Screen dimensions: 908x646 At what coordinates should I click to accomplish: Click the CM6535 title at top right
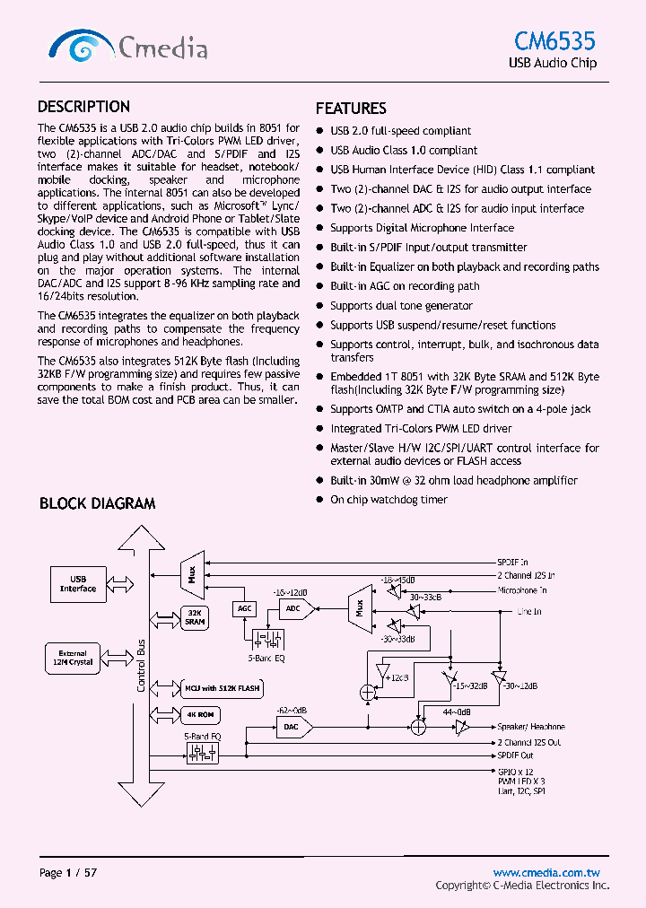pyautogui.click(x=554, y=40)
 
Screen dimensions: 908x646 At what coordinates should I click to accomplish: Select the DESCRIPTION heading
pyautogui.click(x=83, y=106)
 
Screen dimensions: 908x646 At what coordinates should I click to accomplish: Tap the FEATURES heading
pyautogui.click(x=351, y=109)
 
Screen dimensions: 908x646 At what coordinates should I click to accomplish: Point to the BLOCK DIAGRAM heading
pyautogui.click(x=97, y=503)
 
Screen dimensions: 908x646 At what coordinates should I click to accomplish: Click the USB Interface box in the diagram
pyautogui.click(x=78, y=584)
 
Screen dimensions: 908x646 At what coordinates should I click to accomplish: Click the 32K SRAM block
pyautogui.click(x=195, y=617)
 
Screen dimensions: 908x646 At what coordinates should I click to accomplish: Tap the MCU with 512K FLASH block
pyautogui.click(x=222, y=689)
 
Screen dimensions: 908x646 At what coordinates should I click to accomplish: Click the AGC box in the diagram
pyautogui.click(x=245, y=608)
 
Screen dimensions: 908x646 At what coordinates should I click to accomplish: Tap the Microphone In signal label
pyautogui.click(x=535, y=590)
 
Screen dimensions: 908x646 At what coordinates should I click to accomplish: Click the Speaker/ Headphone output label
pyautogui.click(x=531, y=727)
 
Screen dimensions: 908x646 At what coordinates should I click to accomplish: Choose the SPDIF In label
pyautogui.click(x=512, y=562)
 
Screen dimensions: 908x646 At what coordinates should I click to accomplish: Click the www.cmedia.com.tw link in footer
pyautogui.click(x=546, y=872)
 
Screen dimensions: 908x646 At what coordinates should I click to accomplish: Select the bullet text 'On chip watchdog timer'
pyautogui.click(x=388, y=500)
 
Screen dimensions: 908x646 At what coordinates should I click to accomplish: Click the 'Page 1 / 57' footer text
pyautogui.click(x=68, y=873)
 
